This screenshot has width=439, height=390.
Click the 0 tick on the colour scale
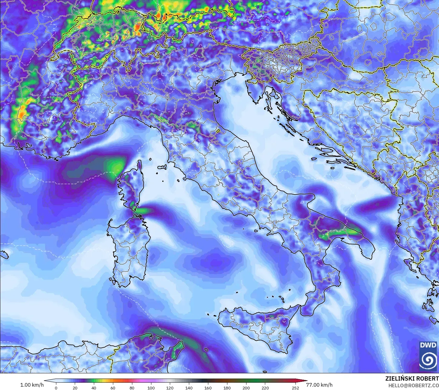pos(56,388)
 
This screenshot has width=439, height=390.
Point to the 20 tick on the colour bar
pos(75,388)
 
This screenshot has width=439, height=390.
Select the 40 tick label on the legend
pos(94,388)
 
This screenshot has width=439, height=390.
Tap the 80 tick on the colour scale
pos(132,388)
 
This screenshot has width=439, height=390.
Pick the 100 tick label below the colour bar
pos(151,388)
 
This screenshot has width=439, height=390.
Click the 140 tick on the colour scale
pos(189,388)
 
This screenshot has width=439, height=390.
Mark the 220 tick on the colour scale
pos(265,388)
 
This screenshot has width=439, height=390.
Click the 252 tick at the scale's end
pos(295,388)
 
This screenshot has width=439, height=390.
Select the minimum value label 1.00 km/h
pos(32,385)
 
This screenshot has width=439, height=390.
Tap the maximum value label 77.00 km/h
pos(319,385)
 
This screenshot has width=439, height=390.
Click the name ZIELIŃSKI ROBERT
pos(412,378)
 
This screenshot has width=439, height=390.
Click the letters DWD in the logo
pos(428,345)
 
